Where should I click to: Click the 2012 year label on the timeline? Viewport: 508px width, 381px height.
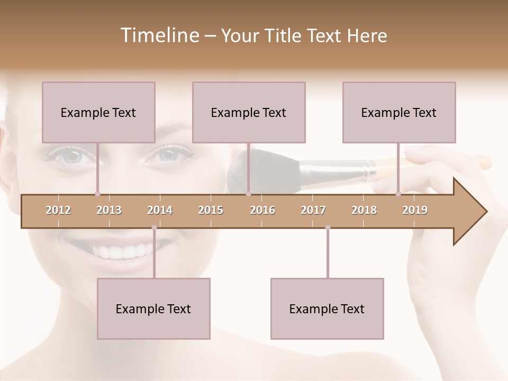58,211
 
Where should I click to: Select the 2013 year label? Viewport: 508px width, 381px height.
109,211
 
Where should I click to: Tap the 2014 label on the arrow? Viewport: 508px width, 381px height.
160,211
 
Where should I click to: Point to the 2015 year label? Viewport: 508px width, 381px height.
211,211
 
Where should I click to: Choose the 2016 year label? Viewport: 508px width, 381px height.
262,211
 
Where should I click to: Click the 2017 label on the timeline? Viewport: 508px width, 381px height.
313,211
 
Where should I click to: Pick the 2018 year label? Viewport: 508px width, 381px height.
364,211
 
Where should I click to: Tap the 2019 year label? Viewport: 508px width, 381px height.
415,211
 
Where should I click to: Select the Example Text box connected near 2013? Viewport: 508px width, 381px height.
98,112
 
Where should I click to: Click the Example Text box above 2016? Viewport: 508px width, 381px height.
249,112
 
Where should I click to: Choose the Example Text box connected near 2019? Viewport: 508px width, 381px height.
399,112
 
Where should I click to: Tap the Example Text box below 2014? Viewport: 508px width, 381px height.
153,309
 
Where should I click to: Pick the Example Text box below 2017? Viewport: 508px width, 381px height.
327,309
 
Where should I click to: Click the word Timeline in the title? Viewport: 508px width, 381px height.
159,35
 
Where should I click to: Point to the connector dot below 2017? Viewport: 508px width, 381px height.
328,228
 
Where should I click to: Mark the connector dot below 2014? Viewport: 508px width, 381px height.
154,228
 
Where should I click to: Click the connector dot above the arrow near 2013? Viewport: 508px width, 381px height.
97,194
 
